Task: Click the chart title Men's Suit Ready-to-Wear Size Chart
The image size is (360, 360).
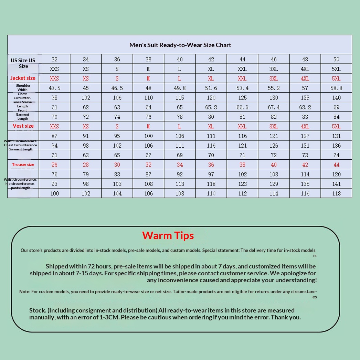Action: point(180,45)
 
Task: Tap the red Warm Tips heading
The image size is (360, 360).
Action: point(168,235)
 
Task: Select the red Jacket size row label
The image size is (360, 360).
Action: point(23,78)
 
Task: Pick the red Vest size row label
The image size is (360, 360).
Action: point(23,126)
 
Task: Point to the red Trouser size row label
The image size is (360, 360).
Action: point(23,165)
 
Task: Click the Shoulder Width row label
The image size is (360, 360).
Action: point(23,87)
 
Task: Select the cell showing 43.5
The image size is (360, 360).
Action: point(54,88)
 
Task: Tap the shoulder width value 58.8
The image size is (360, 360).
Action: point(336,88)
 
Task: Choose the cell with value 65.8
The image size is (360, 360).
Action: point(211,107)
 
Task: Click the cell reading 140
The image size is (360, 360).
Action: point(336,98)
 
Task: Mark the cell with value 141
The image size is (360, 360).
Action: point(336,184)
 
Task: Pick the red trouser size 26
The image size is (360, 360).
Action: point(54,165)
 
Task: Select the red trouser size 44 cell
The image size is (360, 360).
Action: point(336,165)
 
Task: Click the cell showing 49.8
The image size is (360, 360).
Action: point(180,88)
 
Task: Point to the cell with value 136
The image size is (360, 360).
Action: point(336,146)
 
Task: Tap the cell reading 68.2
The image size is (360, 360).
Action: point(305,107)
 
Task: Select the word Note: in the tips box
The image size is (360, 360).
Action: point(25,292)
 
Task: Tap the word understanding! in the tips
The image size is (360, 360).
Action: point(296,280)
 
